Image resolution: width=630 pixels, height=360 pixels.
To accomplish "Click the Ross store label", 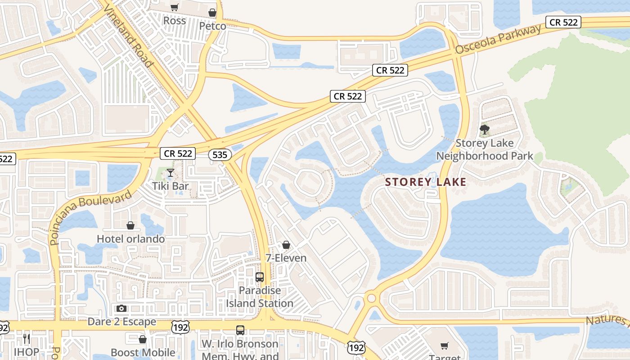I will click(x=174, y=21).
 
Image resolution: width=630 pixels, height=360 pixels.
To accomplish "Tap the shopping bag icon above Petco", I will click(x=212, y=13).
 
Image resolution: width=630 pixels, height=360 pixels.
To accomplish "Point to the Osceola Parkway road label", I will click(x=498, y=40).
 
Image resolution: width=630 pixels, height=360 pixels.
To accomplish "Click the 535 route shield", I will click(x=220, y=155).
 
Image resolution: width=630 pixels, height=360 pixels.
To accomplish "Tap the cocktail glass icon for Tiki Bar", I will click(x=171, y=173).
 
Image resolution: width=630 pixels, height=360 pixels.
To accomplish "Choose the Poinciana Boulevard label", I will click(x=91, y=217).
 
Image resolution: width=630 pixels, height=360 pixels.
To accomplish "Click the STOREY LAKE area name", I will click(x=426, y=182).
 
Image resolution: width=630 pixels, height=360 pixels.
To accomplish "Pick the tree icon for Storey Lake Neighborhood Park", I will click(x=485, y=130).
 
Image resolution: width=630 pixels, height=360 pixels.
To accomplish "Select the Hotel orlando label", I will click(x=131, y=239).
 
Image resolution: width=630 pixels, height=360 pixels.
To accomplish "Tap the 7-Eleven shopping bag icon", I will click(x=286, y=245).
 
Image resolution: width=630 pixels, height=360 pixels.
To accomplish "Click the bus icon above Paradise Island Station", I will click(x=260, y=277).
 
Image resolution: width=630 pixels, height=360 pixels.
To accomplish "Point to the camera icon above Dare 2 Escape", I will click(x=121, y=309).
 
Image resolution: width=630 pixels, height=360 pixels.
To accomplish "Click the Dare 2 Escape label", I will click(x=122, y=322).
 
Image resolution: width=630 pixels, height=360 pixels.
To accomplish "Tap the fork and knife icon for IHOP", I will click(x=27, y=338).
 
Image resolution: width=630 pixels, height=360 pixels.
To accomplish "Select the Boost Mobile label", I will click(x=143, y=352).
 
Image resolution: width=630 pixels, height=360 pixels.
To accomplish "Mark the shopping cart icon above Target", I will click(x=445, y=346).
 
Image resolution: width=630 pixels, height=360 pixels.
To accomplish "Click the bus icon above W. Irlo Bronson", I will click(x=240, y=330).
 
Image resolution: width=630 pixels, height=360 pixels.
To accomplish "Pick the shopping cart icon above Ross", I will click(x=174, y=7).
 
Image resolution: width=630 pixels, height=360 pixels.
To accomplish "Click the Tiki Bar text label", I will click(x=170, y=186).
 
